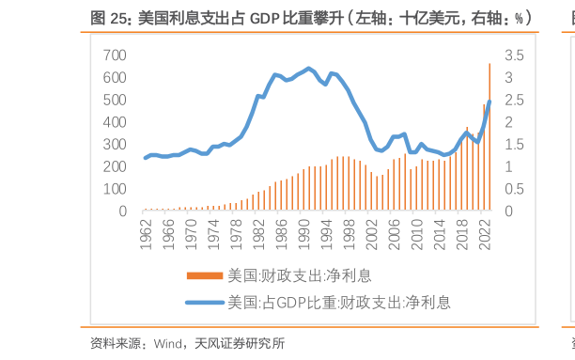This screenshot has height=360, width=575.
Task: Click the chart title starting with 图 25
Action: point(311,17)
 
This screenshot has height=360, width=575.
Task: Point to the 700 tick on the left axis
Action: point(114,55)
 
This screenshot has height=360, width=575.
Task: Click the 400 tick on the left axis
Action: point(114,122)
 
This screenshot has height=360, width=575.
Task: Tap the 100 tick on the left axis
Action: point(114,189)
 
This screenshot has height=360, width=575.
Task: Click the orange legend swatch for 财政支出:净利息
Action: point(206,275)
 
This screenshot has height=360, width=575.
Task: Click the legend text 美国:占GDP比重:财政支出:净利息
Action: point(339,303)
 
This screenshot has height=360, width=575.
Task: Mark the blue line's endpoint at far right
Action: point(490,102)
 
